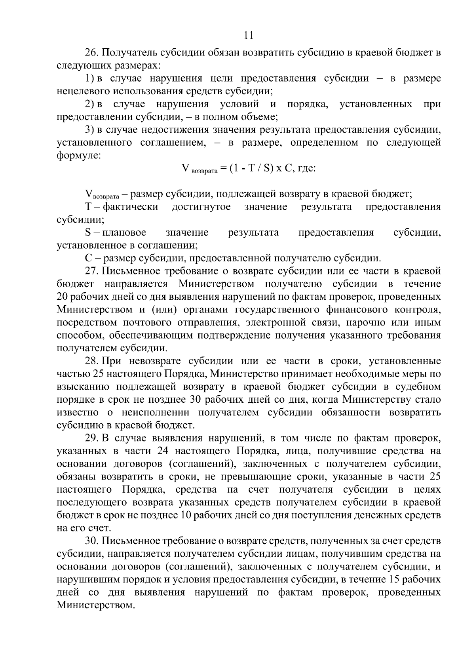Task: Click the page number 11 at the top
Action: pyautogui.click(x=249, y=35)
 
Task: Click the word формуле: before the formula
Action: pyautogui.click(x=79, y=156)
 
